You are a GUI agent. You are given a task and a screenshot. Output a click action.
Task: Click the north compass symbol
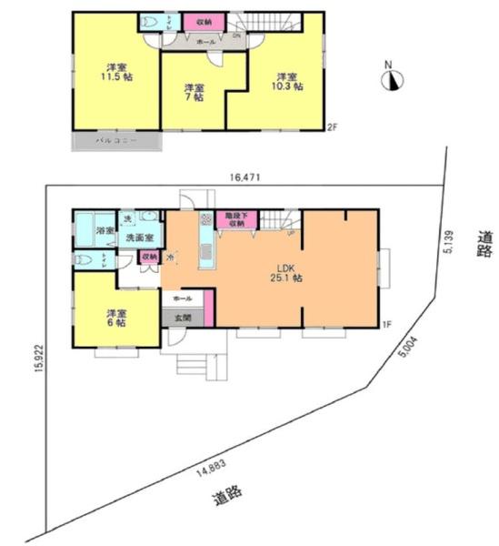click(x=392, y=80)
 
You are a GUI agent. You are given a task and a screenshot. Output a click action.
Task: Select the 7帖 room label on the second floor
click(x=194, y=94)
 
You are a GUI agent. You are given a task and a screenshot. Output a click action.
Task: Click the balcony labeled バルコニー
click(x=117, y=142)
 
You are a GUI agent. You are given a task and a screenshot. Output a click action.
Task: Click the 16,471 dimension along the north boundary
click(x=245, y=179)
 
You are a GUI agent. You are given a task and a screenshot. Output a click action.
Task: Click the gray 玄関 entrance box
click(x=182, y=318)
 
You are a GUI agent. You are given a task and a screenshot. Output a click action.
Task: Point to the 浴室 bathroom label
click(x=105, y=231)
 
